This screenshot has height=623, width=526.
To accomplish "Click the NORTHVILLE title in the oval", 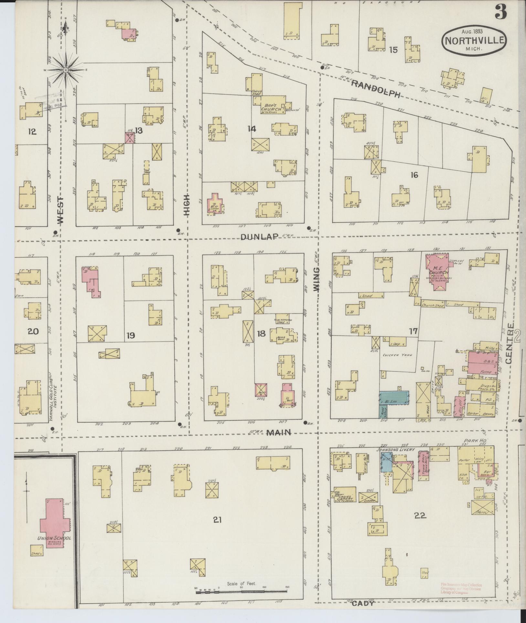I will coord(474,41).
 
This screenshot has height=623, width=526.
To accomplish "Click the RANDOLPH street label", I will coord(375,89).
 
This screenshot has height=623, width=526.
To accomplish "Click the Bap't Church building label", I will coord(271,107).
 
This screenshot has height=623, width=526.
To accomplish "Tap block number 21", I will coord(217,520).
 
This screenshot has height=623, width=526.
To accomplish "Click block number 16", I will coord(414,175).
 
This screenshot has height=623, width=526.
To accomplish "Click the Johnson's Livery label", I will coord(393,449).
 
